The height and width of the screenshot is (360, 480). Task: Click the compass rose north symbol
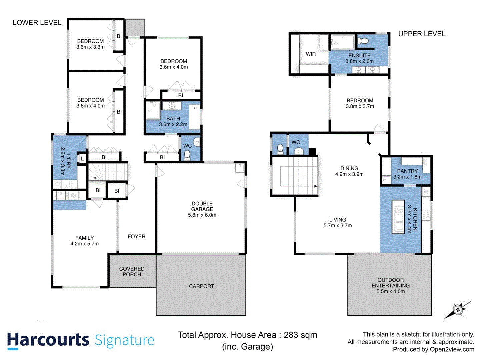[x=458, y=310]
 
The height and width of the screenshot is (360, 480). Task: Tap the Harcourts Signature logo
[x=81, y=340]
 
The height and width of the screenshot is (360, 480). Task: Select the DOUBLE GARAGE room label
[x=202, y=206]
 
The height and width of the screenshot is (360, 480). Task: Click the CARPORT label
[x=201, y=286]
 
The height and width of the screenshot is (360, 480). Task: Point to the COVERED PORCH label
[x=132, y=271]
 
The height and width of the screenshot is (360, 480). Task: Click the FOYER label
[x=136, y=236]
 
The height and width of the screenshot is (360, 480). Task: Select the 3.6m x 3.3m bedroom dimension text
[x=90, y=47]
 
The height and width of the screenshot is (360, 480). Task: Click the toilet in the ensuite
[x=363, y=41]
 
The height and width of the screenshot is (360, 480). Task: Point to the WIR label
[x=311, y=54]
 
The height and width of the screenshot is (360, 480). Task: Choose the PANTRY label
[x=407, y=171]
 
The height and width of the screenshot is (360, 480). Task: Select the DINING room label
[x=349, y=168]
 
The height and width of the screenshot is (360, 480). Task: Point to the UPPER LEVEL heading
[x=422, y=34]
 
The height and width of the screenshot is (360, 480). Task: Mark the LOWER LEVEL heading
[x=37, y=23]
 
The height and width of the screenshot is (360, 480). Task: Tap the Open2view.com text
[x=452, y=349]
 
